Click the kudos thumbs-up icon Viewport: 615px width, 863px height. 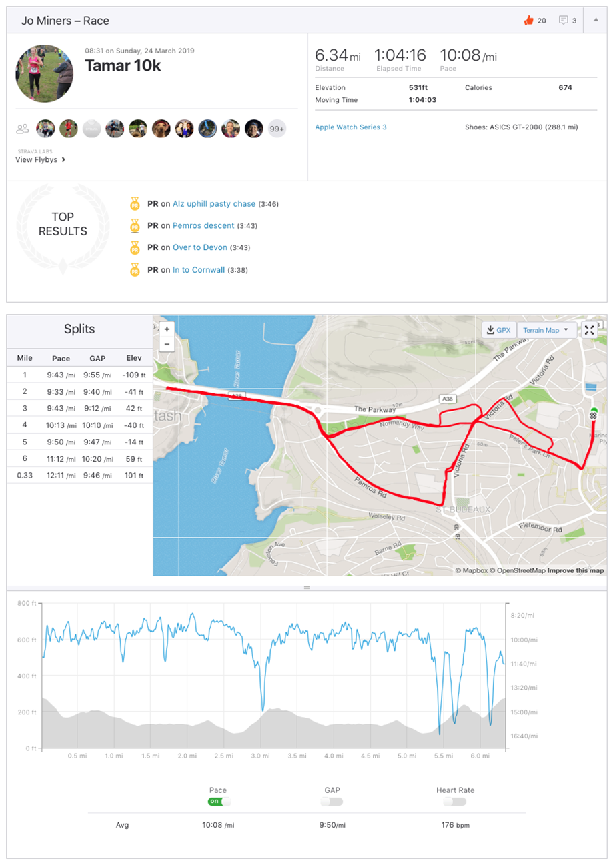pyautogui.click(x=529, y=21)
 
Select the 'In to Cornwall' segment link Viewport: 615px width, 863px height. pyautogui.click(x=199, y=270)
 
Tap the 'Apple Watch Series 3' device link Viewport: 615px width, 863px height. pyautogui.click(x=350, y=127)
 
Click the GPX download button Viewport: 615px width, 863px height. pyautogui.click(x=499, y=330)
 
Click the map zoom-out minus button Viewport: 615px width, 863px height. pyautogui.click(x=167, y=345)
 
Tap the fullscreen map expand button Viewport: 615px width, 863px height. pyautogui.click(x=589, y=330)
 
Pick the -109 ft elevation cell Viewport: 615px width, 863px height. pyautogui.click(x=134, y=375)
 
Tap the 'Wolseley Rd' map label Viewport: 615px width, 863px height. pyautogui.click(x=387, y=517)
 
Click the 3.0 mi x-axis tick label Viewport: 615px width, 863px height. pyautogui.click(x=261, y=756)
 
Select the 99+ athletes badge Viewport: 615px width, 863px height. pyautogui.click(x=277, y=129)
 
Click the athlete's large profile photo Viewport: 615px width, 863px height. pyautogui.click(x=45, y=73)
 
